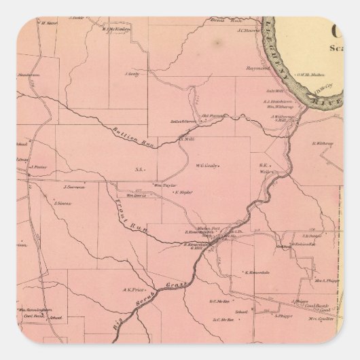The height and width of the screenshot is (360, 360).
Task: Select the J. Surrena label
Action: pos(73,186)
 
